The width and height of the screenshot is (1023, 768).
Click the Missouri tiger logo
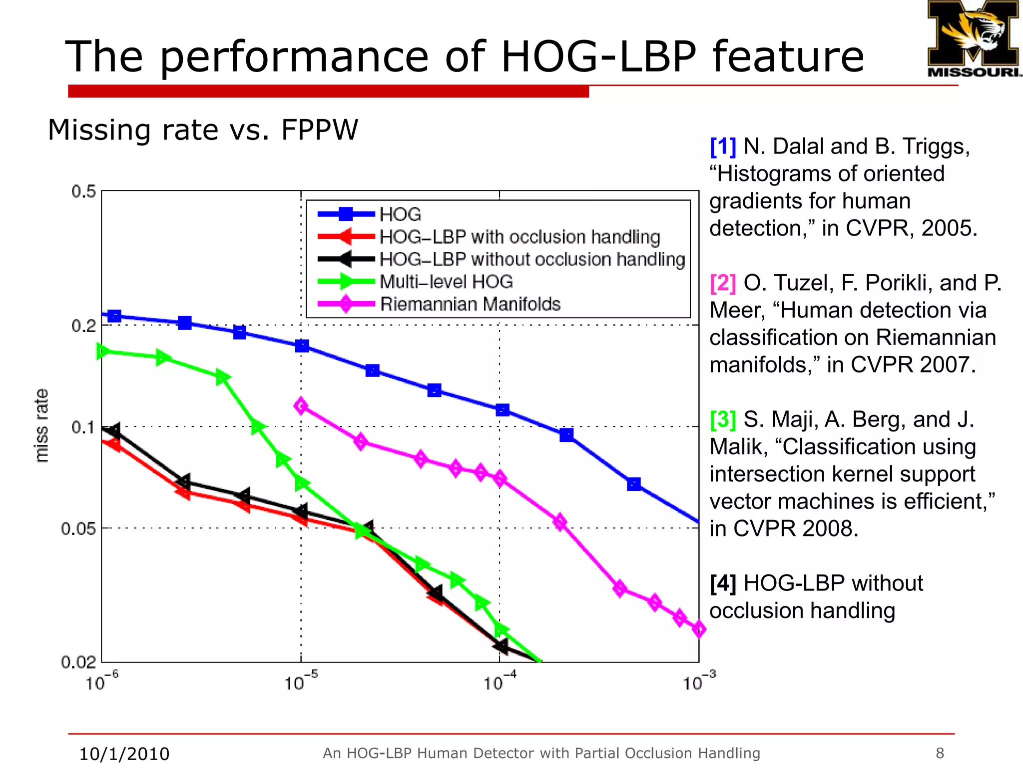click(x=973, y=39)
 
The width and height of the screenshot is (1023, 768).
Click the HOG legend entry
click(x=400, y=214)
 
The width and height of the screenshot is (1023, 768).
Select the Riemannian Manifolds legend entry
click(x=470, y=304)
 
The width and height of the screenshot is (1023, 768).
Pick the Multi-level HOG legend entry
click(x=446, y=281)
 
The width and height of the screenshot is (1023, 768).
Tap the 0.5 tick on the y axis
click(x=83, y=191)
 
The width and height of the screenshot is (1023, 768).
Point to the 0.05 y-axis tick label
click(x=78, y=528)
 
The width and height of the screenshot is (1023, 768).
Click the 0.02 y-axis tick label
click(x=78, y=662)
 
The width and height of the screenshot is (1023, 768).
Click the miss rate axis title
click(x=42, y=425)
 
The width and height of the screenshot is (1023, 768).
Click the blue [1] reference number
click(x=723, y=146)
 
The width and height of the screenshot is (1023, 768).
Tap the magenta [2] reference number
click(x=723, y=283)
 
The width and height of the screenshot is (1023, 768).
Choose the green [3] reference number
click(x=723, y=419)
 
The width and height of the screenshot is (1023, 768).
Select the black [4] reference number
click(x=723, y=583)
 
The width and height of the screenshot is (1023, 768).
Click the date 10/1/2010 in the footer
click(x=124, y=753)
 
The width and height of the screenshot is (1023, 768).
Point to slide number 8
click(x=940, y=753)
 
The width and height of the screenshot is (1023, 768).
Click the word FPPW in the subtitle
click(x=320, y=130)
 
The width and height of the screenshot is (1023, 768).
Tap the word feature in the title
click(x=788, y=56)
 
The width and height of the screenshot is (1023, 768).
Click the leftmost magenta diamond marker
click(x=301, y=405)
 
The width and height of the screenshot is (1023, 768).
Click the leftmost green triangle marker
click(x=102, y=351)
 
